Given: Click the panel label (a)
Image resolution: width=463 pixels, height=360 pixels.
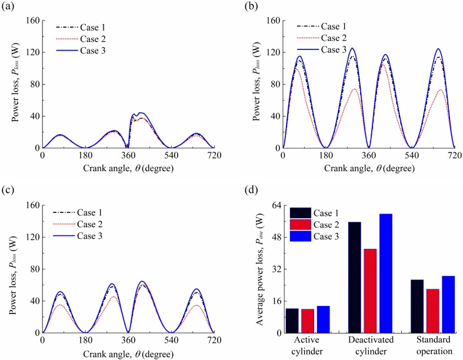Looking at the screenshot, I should [x=9, y=7].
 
